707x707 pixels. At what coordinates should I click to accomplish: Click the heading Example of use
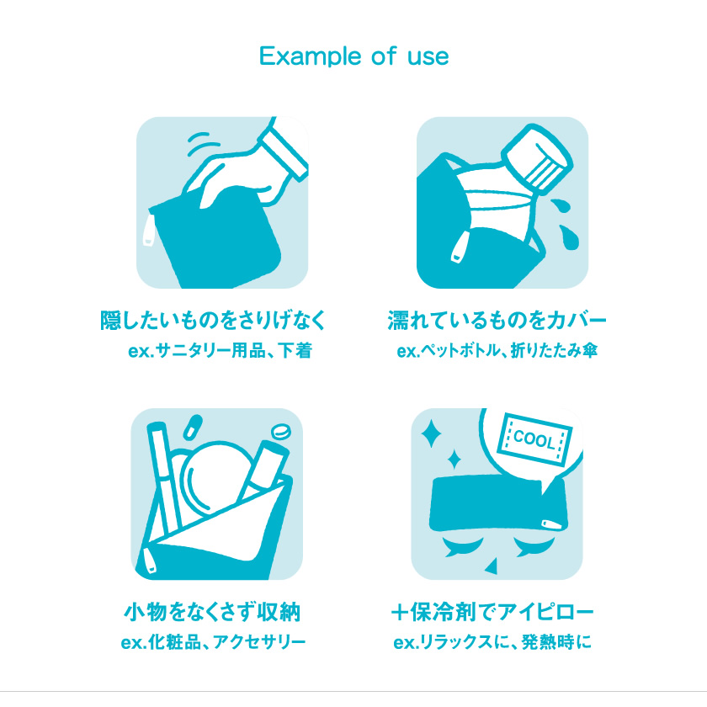(x=354, y=56)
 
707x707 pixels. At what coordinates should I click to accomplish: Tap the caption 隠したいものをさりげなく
(x=213, y=320)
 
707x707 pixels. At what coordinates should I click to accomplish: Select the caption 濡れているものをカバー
(x=497, y=320)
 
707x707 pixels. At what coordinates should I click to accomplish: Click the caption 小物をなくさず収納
(x=212, y=612)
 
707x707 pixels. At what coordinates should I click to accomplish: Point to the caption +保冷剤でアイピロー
(x=492, y=612)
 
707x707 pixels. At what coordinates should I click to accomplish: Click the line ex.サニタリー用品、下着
(x=220, y=350)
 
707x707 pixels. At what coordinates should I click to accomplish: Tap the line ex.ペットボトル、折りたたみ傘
(x=497, y=350)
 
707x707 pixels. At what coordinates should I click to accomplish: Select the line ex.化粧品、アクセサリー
(x=213, y=642)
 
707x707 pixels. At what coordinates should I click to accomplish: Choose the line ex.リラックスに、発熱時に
(x=492, y=642)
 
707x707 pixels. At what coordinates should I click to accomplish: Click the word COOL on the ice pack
(x=534, y=439)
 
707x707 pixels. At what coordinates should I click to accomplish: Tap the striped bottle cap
(x=538, y=159)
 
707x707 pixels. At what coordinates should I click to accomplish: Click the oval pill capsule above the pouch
(x=193, y=427)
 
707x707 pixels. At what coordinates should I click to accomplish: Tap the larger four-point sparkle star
(x=432, y=433)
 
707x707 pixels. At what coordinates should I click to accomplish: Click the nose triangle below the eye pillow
(x=492, y=566)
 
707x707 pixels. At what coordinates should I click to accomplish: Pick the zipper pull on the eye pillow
(x=552, y=524)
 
